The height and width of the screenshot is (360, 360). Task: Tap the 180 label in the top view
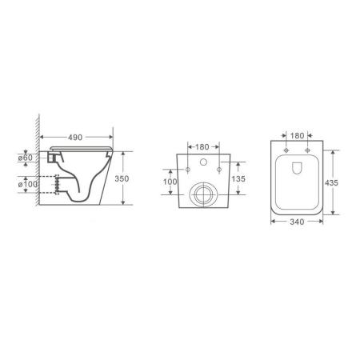[297, 135]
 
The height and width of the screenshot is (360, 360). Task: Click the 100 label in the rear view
[170, 182]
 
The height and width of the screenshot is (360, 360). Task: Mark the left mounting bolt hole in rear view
[187, 170]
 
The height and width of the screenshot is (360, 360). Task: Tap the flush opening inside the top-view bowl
[297, 169]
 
